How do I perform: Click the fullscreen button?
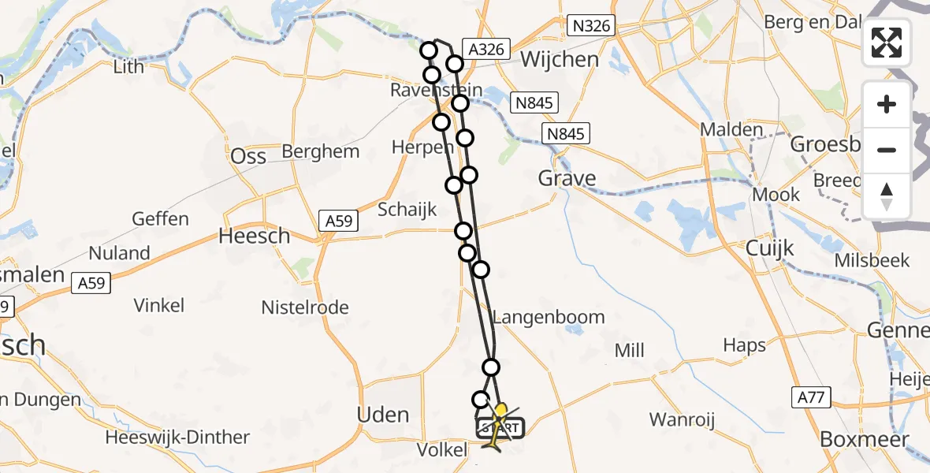click(887, 43)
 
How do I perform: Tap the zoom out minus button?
click(887, 150)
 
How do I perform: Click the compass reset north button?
click(887, 196)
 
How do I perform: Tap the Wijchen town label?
click(560, 59)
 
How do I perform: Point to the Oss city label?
click(248, 156)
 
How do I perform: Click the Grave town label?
click(567, 178)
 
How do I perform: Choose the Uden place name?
click(383, 415)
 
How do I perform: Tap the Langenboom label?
click(549, 317)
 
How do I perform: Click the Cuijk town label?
click(770, 249)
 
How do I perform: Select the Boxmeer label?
click(864, 439)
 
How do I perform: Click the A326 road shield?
click(486, 49)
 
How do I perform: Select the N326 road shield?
click(591, 26)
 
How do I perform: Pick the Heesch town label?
click(254, 236)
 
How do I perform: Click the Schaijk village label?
click(407, 210)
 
